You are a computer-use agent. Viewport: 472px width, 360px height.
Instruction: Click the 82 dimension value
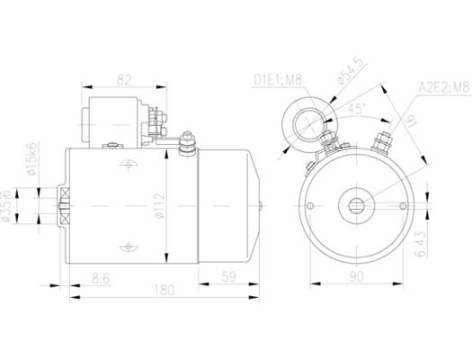[x=124, y=80]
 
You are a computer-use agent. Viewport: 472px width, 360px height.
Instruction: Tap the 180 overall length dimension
[x=165, y=290]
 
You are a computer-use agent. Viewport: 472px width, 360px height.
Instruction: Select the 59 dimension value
[x=228, y=277]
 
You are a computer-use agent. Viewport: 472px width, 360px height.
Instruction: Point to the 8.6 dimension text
[x=101, y=278]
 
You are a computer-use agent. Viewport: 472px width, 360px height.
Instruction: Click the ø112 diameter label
[x=160, y=206]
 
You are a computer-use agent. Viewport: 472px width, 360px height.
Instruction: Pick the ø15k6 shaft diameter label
[x=31, y=158]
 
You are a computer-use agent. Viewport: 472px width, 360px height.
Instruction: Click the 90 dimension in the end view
[x=356, y=276]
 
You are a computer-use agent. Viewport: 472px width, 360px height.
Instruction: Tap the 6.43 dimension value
[x=421, y=244]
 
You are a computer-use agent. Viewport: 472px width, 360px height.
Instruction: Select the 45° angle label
[x=356, y=109]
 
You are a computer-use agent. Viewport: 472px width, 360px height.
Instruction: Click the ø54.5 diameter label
[x=352, y=71]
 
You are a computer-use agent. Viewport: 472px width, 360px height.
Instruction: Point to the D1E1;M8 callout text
[x=278, y=80]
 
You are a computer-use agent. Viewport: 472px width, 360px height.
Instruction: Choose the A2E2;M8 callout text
[x=444, y=88]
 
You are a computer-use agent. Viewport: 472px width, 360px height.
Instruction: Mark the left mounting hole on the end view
[x=310, y=206]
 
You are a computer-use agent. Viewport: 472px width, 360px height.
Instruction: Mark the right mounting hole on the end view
[x=403, y=206]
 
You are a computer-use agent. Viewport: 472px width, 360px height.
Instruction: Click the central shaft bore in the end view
[x=357, y=206]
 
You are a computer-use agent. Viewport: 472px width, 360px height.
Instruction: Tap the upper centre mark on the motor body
[x=129, y=165]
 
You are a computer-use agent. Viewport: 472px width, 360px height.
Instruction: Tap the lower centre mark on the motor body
[x=129, y=247]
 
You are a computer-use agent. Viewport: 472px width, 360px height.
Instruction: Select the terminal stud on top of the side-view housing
[x=187, y=143]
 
